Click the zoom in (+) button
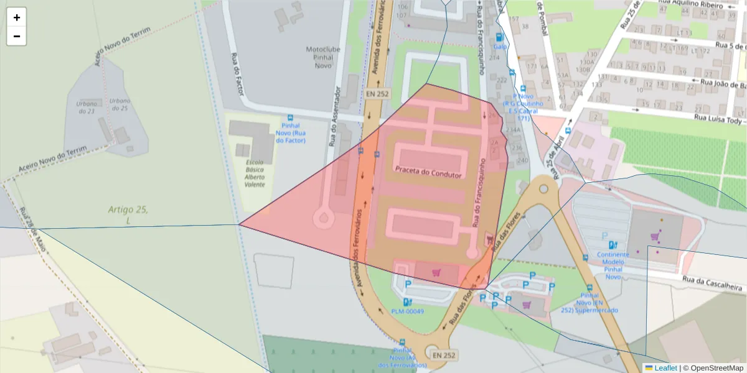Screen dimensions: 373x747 tap(17, 17)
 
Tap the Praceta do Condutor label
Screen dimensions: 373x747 tap(428, 175)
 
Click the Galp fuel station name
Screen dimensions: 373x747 tap(500, 46)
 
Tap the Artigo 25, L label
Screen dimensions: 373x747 tap(128, 215)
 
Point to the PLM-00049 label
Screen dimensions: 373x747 tap(408, 311)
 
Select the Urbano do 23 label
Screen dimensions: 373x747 tap(86, 108)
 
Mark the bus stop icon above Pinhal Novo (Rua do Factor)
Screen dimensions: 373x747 tap(290, 117)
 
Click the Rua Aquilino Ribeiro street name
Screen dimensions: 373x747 tap(700, 6)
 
